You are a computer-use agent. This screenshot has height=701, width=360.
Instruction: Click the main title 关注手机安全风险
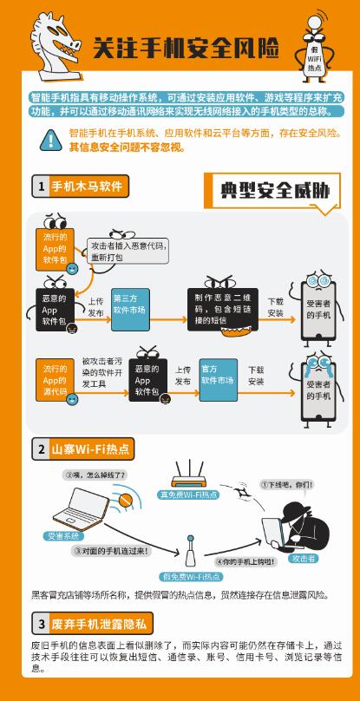(x=186, y=48)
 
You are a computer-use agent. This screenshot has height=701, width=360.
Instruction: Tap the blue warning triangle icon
(x=51, y=141)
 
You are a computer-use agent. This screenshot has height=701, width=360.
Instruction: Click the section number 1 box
(x=41, y=187)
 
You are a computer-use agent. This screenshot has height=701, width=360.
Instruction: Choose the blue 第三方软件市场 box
(x=131, y=310)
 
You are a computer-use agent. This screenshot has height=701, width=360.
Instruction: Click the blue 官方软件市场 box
(x=219, y=379)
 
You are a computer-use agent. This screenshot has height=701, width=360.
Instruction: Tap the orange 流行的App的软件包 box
(x=55, y=250)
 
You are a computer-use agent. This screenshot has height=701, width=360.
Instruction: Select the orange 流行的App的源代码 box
(x=55, y=380)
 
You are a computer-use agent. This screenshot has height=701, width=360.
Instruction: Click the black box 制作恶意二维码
(x=223, y=310)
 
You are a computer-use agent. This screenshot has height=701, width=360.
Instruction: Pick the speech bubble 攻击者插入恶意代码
(x=128, y=251)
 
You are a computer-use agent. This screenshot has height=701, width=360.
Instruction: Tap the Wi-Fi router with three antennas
(x=189, y=474)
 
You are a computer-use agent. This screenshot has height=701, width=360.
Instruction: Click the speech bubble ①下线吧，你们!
(x=286, y=485)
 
